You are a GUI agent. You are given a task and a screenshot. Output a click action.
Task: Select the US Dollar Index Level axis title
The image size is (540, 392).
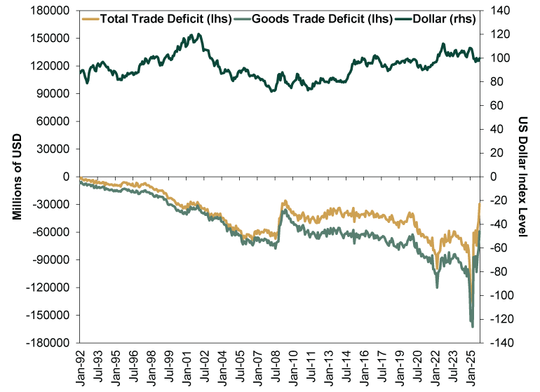click(525, 177)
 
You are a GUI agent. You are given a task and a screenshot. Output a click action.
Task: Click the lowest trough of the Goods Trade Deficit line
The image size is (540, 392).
click(472, 327)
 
